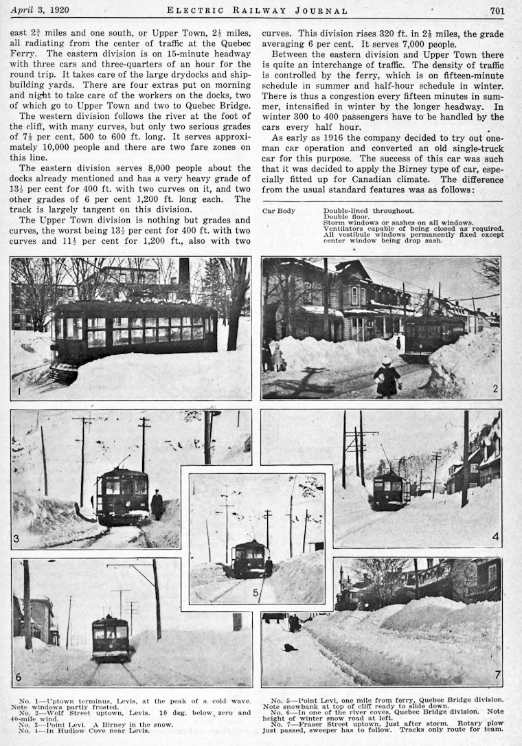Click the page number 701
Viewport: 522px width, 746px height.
coord(497,10)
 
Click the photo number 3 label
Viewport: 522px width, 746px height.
coord(16,539)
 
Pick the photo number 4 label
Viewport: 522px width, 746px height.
coord(495,536)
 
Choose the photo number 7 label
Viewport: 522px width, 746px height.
coord(497,675)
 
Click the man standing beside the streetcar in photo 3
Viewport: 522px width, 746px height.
coord(157,505)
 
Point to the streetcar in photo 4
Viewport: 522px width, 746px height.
coord(391,490)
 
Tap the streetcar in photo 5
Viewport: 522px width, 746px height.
coord(249,559)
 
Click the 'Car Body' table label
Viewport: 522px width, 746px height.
coord(279,210)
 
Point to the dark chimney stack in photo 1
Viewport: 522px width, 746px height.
coord(184,278)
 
